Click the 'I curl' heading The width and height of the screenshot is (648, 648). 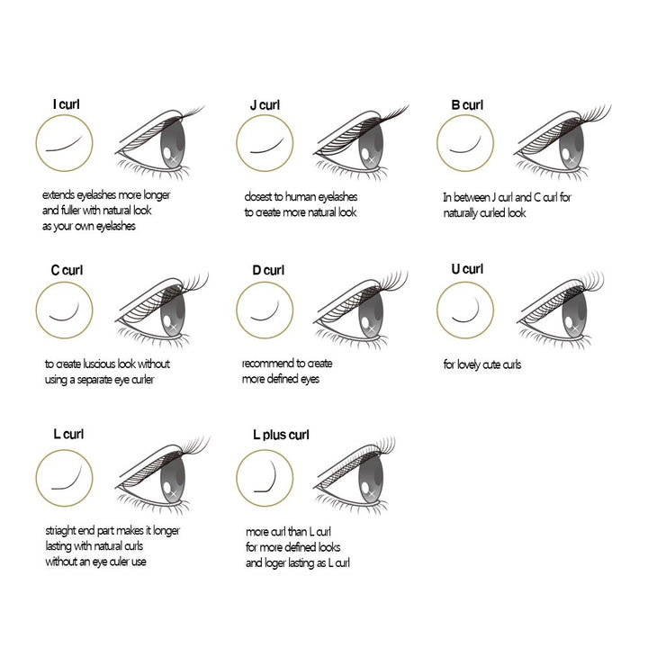point(66,104)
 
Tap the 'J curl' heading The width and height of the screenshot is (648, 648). point(265,105)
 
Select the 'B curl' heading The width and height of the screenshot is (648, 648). point(467,105)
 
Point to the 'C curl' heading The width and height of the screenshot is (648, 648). point(67,270)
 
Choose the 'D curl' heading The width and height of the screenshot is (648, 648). point(268,270)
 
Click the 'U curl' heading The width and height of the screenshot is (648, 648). point(467,269)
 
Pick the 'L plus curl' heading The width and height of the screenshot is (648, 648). point(281,435)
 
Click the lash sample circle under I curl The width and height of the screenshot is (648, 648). point(64,114)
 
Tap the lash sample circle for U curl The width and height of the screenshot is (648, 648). point(465,282)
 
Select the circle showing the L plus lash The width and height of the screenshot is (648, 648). point(265,449)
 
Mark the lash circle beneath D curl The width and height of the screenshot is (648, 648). point(265,282)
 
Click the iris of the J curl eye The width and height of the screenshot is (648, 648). point(371,146)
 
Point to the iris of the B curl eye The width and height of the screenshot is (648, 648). point(571,146)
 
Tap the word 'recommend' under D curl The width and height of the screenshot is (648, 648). point(264,364)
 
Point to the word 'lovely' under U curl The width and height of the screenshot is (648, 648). point(469,364)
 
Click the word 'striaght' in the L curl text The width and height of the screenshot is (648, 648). point(60,531)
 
